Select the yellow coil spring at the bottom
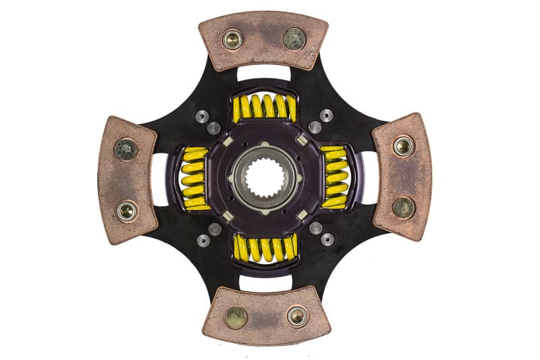tap(265, 248)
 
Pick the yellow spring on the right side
tap(335, 177)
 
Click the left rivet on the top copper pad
tap(233, 40)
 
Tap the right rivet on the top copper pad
tap(294, 38)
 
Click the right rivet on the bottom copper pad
tap(297, 315)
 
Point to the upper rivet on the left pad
tap(126, 149)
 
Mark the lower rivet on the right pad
tap(404, 207)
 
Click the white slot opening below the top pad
tap(263, 73)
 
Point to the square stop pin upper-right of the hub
tap(301, 140)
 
